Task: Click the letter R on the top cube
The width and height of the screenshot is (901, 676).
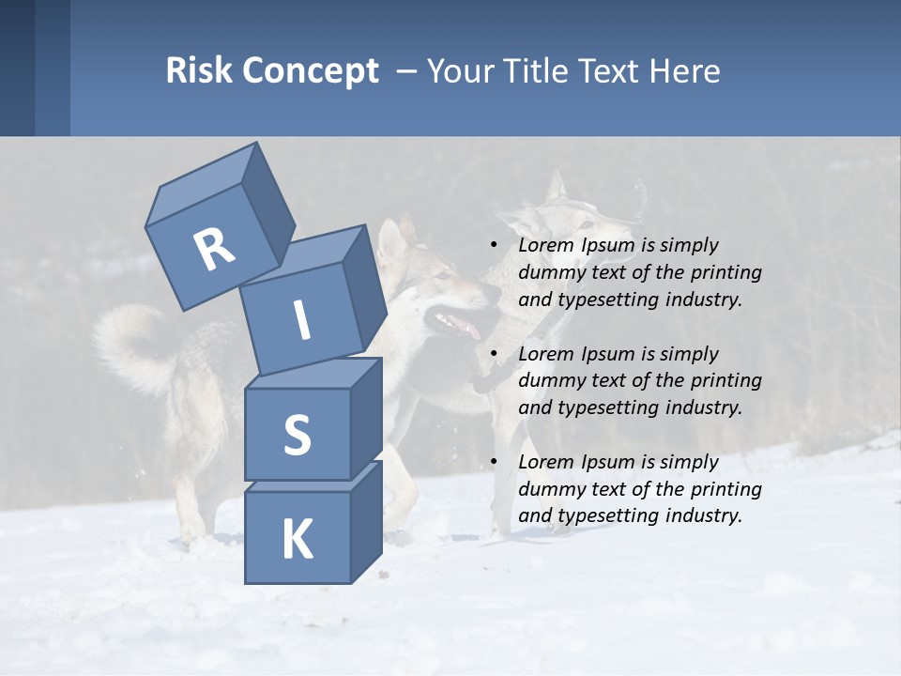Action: [215, 250]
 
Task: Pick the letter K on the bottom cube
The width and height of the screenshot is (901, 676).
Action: [297, 539]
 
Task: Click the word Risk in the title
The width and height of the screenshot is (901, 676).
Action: [199, 71]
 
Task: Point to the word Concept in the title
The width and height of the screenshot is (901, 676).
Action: [310, 72]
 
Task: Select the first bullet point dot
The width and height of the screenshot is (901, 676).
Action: [494, 245]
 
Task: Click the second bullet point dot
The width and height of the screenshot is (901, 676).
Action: [494, 354]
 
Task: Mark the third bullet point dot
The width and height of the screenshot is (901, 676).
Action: [494, 462]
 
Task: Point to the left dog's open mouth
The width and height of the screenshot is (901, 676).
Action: [460, 324]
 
